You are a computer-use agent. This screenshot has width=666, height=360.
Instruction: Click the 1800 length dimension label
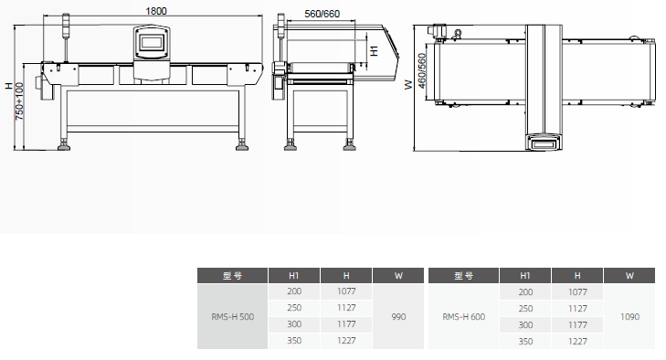point(156,11)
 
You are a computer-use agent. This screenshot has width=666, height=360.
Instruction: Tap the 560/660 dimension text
point(322,14)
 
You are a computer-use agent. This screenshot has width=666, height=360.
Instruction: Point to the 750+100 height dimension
point(19,101)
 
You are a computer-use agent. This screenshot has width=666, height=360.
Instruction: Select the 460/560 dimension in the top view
point(421,71)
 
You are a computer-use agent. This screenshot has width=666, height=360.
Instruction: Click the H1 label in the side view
point(374,50)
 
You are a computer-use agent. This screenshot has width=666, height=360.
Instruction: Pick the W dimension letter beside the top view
point(408,85)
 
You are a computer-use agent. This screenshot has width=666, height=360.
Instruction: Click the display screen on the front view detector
point(152,42)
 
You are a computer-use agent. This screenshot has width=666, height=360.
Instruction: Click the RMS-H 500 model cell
point(233,317)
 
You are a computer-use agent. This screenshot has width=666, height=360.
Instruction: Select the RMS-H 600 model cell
point(464,317)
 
